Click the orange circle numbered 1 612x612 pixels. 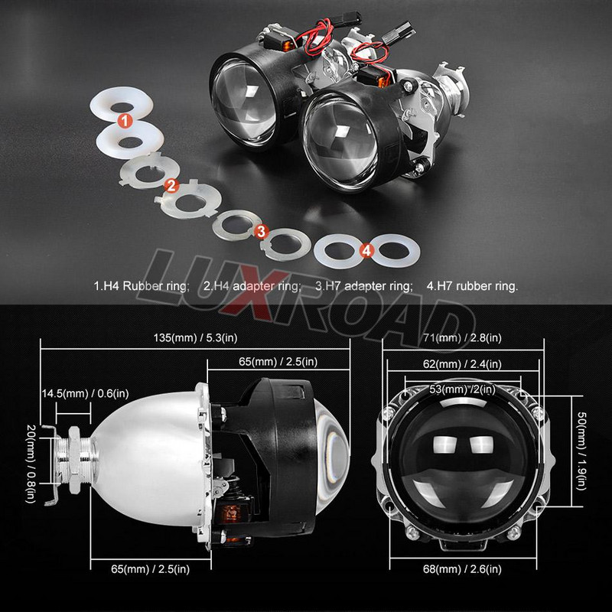click(124, 119)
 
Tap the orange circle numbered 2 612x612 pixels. click(171, 184)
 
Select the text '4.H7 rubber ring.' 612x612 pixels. click(472, 287)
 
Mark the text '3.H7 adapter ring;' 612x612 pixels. click(363, 287)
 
